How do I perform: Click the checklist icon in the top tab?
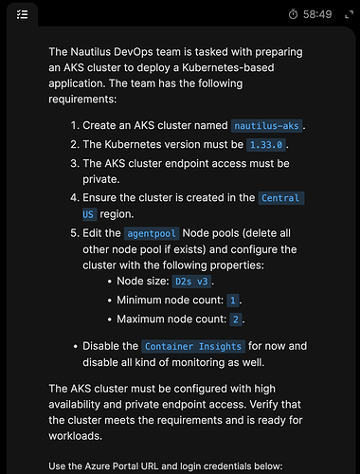click(x=22, y=14)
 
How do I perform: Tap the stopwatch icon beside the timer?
click(x=293, y=14)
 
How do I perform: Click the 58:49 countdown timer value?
click(x=317, y=14)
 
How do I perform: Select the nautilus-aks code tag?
click(x=266, y=126)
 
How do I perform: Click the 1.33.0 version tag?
click(x=266, y=145)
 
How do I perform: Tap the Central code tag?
click(x=281, y=198)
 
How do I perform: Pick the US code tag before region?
click(x=89, y=214)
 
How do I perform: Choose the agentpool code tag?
click(x=152, y=233)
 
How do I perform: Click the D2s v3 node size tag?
click(x=191, y=282)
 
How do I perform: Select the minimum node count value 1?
click(x=233, y=301)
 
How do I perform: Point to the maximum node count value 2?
click(x=236, y=319)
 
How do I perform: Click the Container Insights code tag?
click(x=193, y=346)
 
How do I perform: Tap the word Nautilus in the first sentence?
click(x=90, y=52)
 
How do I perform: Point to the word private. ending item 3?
click(x=101, y=179)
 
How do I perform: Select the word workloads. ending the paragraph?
click(x=75, y=436)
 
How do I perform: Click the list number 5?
click(x=75, y=233)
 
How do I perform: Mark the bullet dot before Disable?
click(x=75, y=347)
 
